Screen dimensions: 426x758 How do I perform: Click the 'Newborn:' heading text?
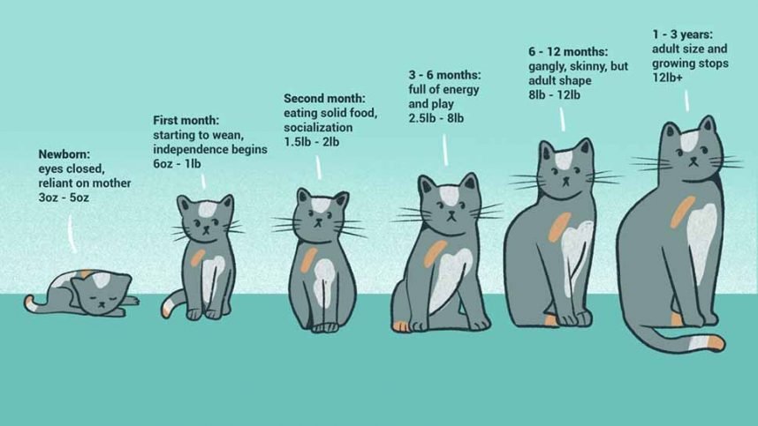(x=64, y=153)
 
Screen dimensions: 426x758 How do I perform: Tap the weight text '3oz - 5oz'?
(x=64, y=198)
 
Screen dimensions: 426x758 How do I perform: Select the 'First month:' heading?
(x=186, y=120)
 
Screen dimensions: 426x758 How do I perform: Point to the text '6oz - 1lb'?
(x=182, y=164)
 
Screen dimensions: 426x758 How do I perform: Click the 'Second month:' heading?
(x=323, y=98)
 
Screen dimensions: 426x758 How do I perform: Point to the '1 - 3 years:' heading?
(x=688, y=34)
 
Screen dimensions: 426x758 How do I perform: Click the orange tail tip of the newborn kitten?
(x=30, y=304)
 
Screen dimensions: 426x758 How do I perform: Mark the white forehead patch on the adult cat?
(x=688, y=140)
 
